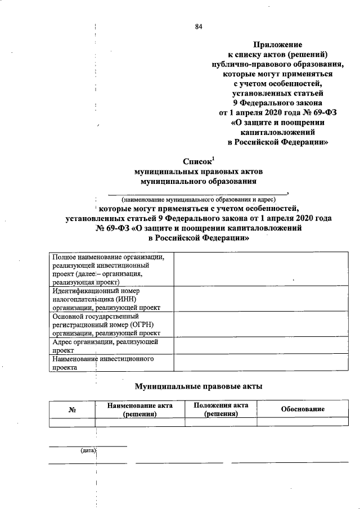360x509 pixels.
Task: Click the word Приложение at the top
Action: pos(277,44)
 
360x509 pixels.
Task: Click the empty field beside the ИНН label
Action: pos(260,299)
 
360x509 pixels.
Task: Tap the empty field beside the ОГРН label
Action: pos(260,325)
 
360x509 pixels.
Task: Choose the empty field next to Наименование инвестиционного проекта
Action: pos(260,362)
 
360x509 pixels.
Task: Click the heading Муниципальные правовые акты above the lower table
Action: pos(198,386)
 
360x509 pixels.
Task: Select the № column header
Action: pos(72,409)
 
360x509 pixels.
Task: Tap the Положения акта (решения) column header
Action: pos(220,409)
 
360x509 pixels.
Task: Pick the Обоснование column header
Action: pos(303,409)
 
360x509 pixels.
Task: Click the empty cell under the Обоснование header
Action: pos(303,422)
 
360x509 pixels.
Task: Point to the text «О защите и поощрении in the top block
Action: pos(277,122)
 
